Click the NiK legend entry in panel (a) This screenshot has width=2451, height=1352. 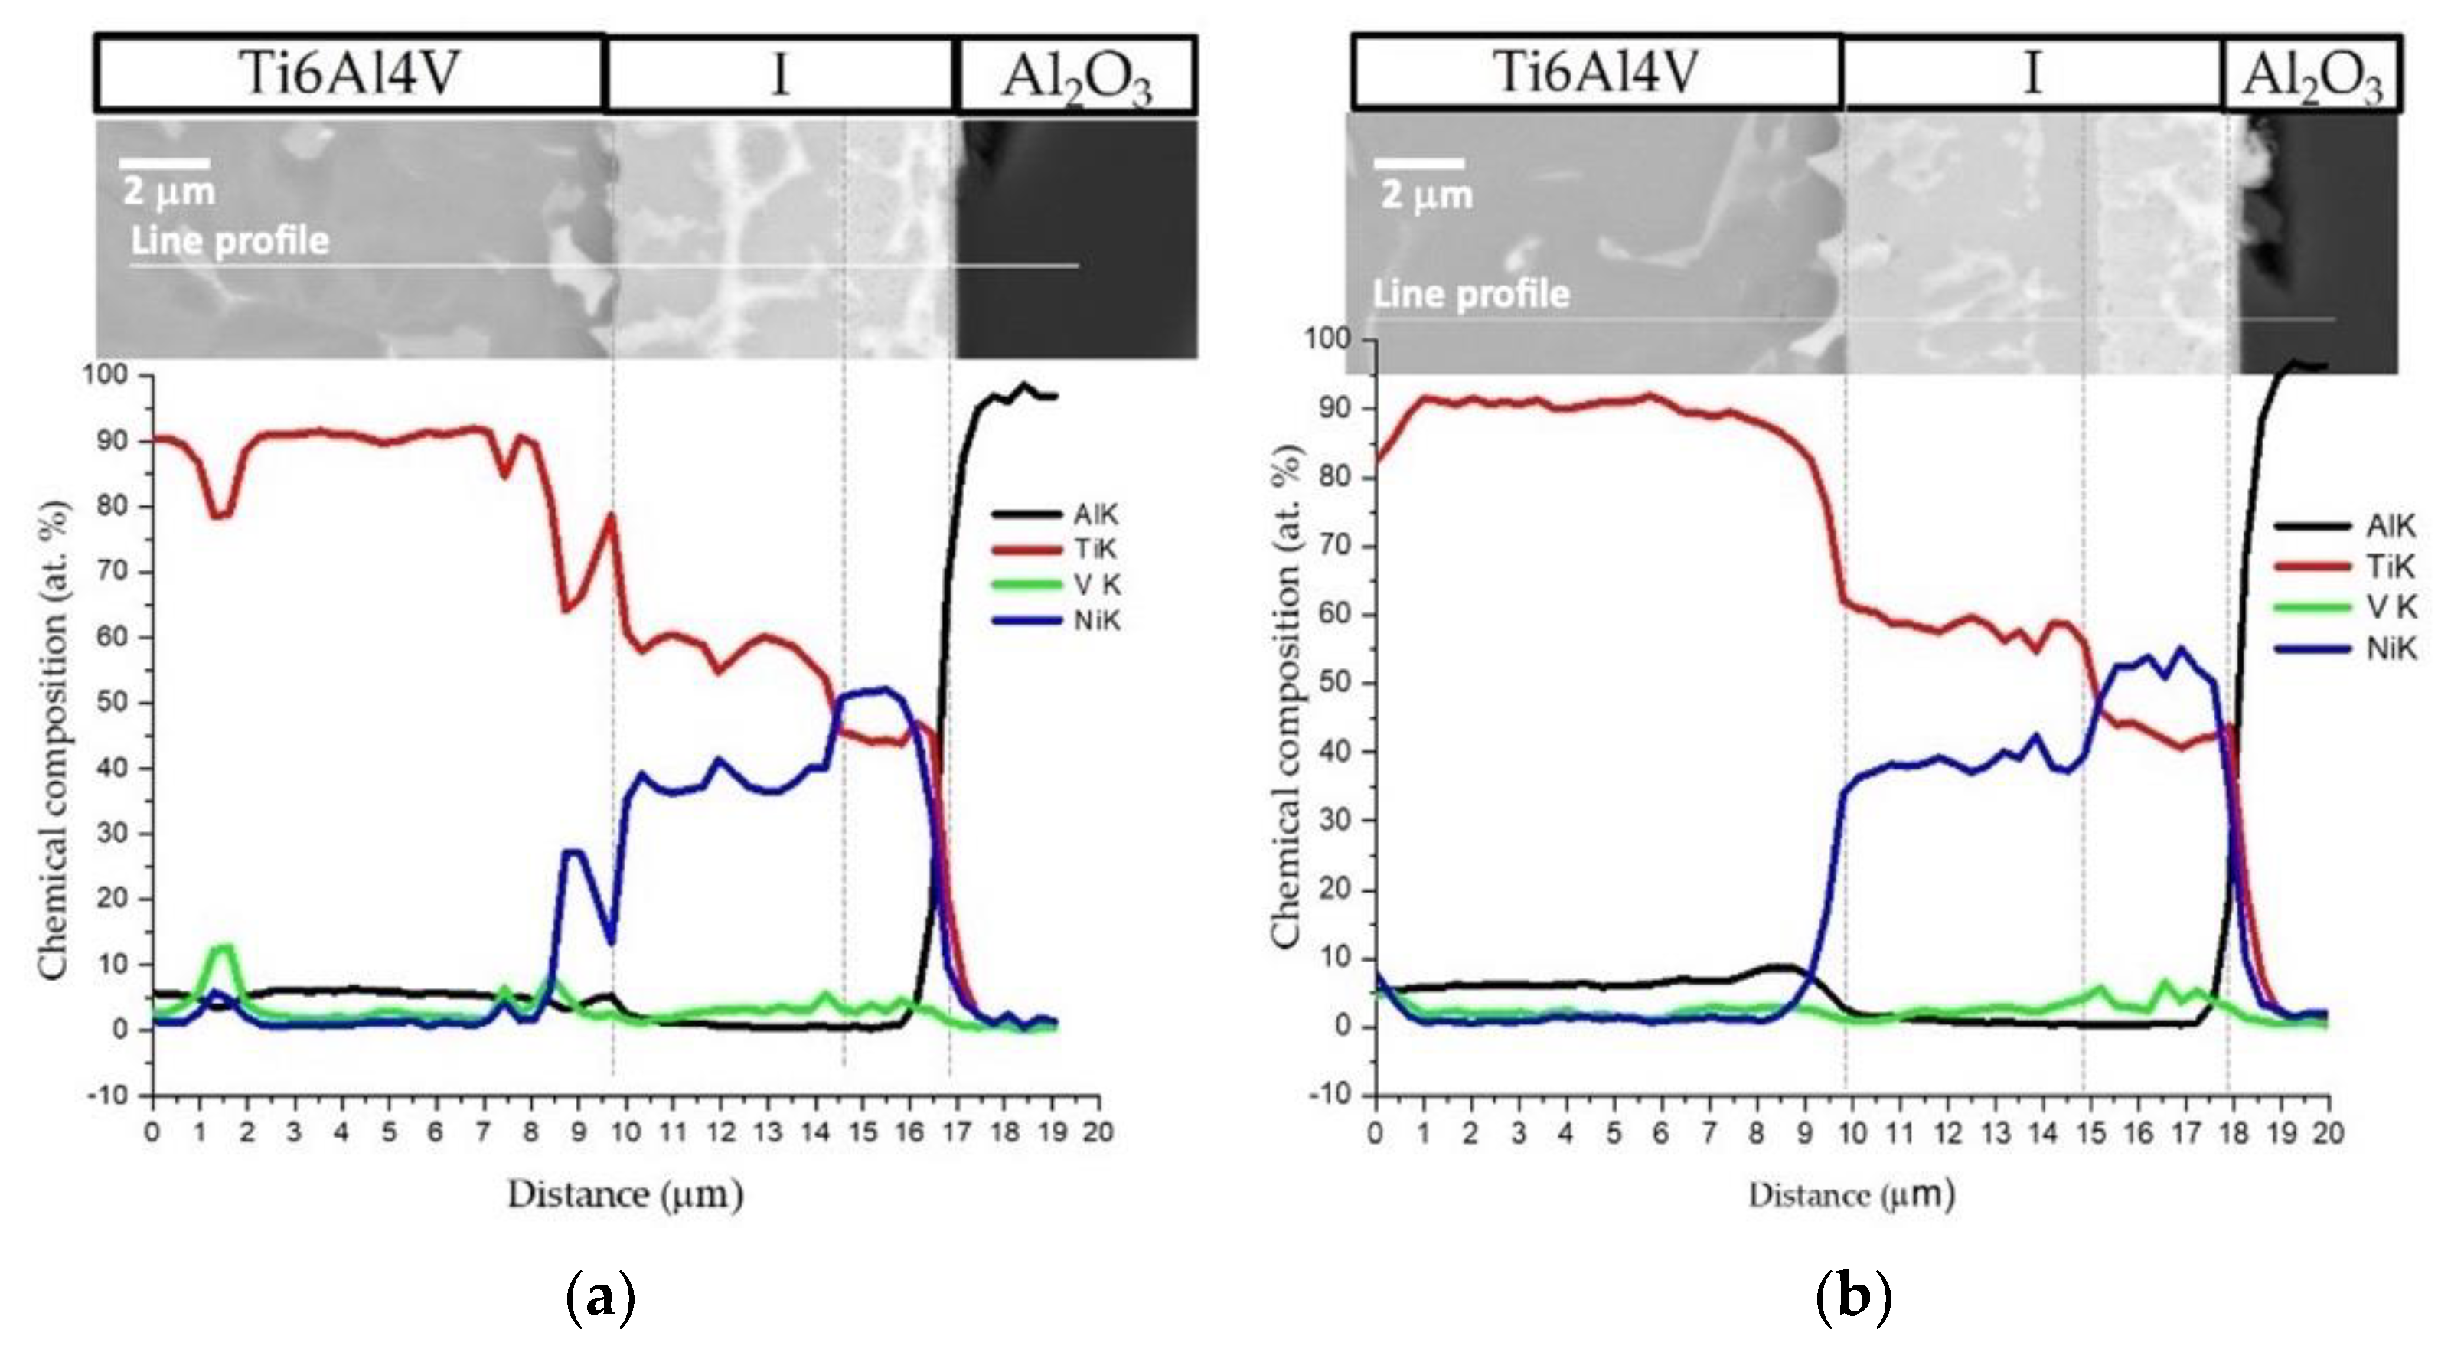click(1057, 620)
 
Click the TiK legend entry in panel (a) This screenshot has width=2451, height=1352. click(1057, 549)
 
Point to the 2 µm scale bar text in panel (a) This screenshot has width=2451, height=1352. click(168, 192)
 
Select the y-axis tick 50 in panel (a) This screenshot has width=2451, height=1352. click(113, 703)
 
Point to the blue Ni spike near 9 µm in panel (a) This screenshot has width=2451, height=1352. click(573, 851)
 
